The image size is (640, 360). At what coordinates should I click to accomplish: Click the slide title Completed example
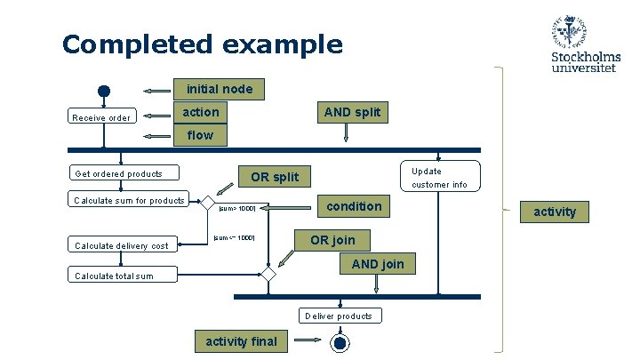point(202,44)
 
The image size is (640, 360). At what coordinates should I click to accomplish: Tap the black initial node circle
point(104,91)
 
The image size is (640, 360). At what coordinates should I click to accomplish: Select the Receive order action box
point(102,117)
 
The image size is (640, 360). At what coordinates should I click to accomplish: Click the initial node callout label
point(219,89)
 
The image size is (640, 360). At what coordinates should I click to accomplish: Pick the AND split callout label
point(352,112)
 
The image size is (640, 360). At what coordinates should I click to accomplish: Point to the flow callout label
point(200,135)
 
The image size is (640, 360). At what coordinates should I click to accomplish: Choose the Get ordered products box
point(124,173)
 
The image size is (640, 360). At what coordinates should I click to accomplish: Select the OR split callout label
point(275,177)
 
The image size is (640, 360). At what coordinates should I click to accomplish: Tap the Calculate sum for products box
point(129,200)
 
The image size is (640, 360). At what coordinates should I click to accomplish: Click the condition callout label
point(354,206)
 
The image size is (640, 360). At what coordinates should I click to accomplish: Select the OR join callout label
point(332,240)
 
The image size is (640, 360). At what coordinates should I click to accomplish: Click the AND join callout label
point(377,263)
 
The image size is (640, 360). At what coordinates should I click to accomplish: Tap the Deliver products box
point(339,316)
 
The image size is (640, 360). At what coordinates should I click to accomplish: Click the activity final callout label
point(241,341)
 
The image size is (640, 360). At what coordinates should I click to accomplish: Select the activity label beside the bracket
point(555,212)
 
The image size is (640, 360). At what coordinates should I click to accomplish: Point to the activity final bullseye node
point(339,343)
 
